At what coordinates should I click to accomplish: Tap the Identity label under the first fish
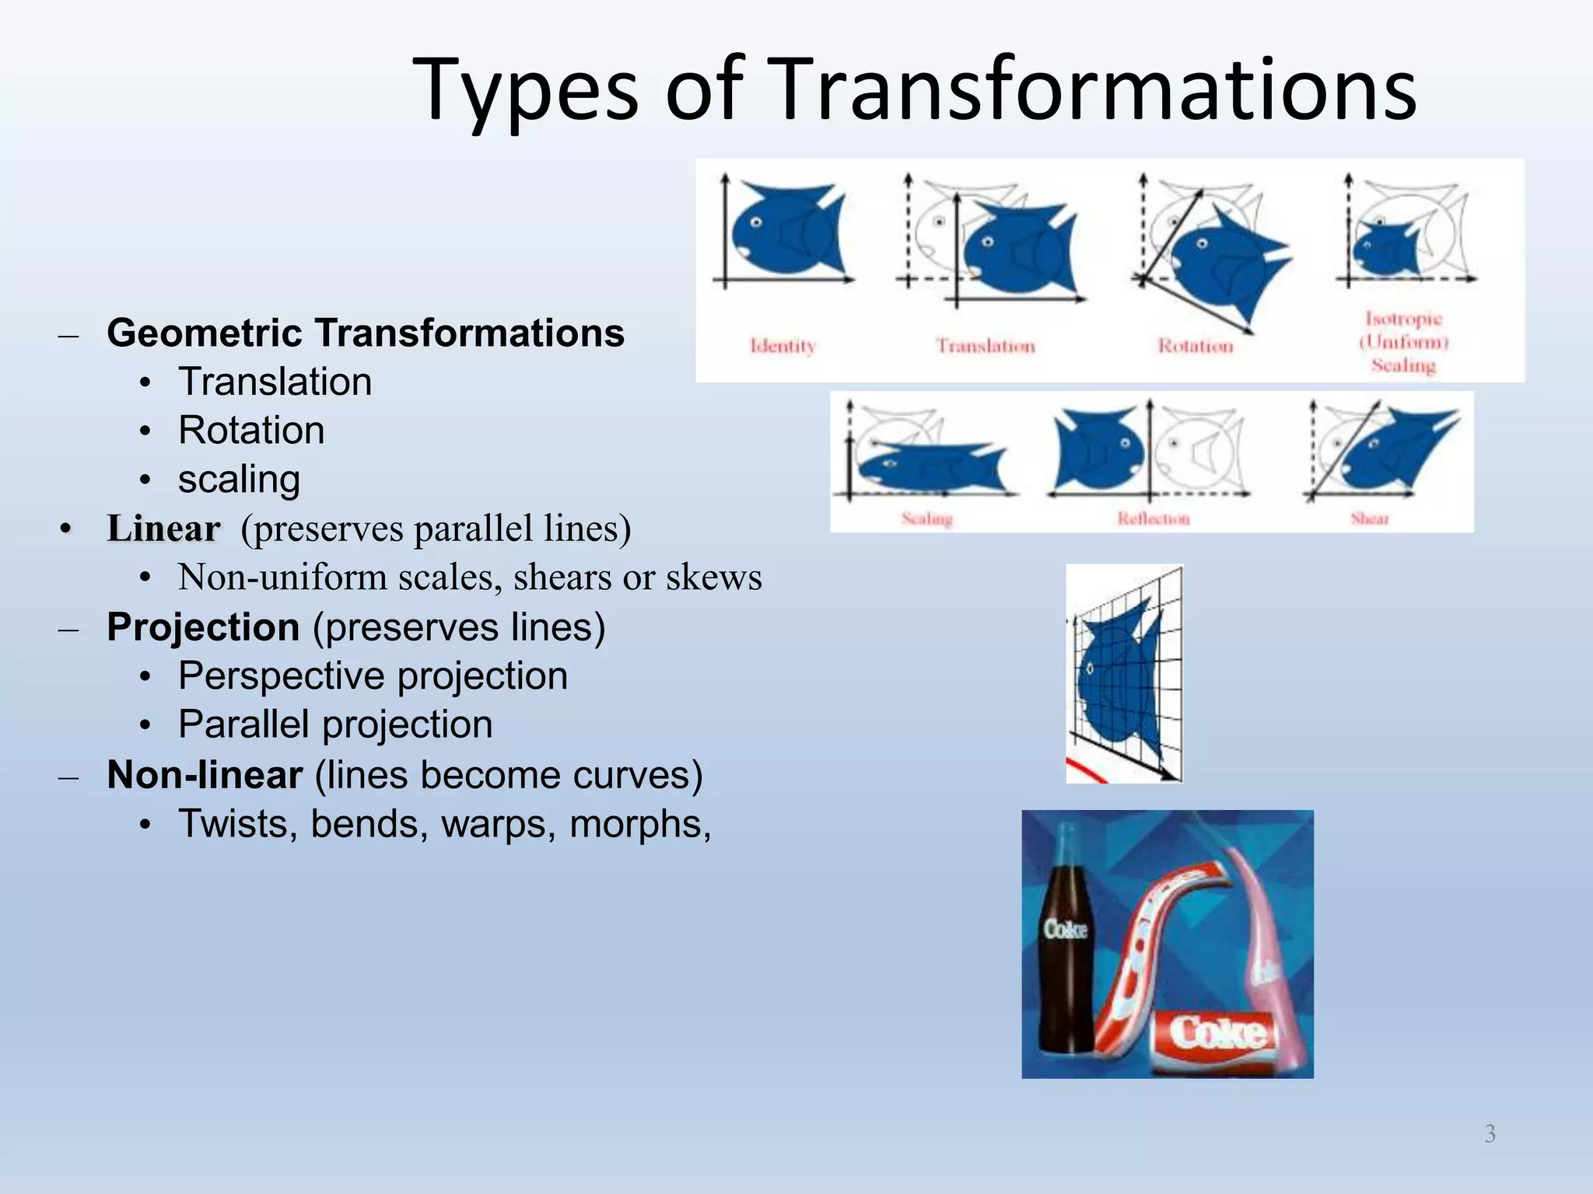pyautogui.click(x=782, y=346)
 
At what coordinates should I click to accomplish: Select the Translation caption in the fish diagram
pyautogui.click(x=986, y=346)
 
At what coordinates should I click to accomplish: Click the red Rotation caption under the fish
pyautogui.click(x=1196, y=346)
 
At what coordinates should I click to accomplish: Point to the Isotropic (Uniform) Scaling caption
pyautogui.click(x=1403, y=342)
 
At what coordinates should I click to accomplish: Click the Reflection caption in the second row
pyautogui.click(x=1154, y=518)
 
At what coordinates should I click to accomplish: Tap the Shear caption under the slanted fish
pyautogui.click(x=1370, y=518)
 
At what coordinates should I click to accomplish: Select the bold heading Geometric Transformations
pyautogui.click(x=366, y=333)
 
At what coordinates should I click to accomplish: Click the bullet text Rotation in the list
pyautogui.click(x=251, y=430)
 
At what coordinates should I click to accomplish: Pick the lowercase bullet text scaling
pyautogui.click(x=239, y=479)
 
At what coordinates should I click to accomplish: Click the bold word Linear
pyautogui.click(x=163, y=529)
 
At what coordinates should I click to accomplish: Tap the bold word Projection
pyautogui.click(x=203, y=627)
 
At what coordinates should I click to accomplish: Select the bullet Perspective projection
pyautogui.click(x=373, y=676)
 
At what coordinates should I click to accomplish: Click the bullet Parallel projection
pyautogui.click(x=335, y=724)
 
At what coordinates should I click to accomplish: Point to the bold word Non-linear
pyautogui.click(x=205, y=775)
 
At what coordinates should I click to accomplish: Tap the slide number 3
pyautogui.click(x=1490, y=1133)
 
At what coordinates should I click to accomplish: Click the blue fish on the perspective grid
pyautogui.click(x=1116, y=676)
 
